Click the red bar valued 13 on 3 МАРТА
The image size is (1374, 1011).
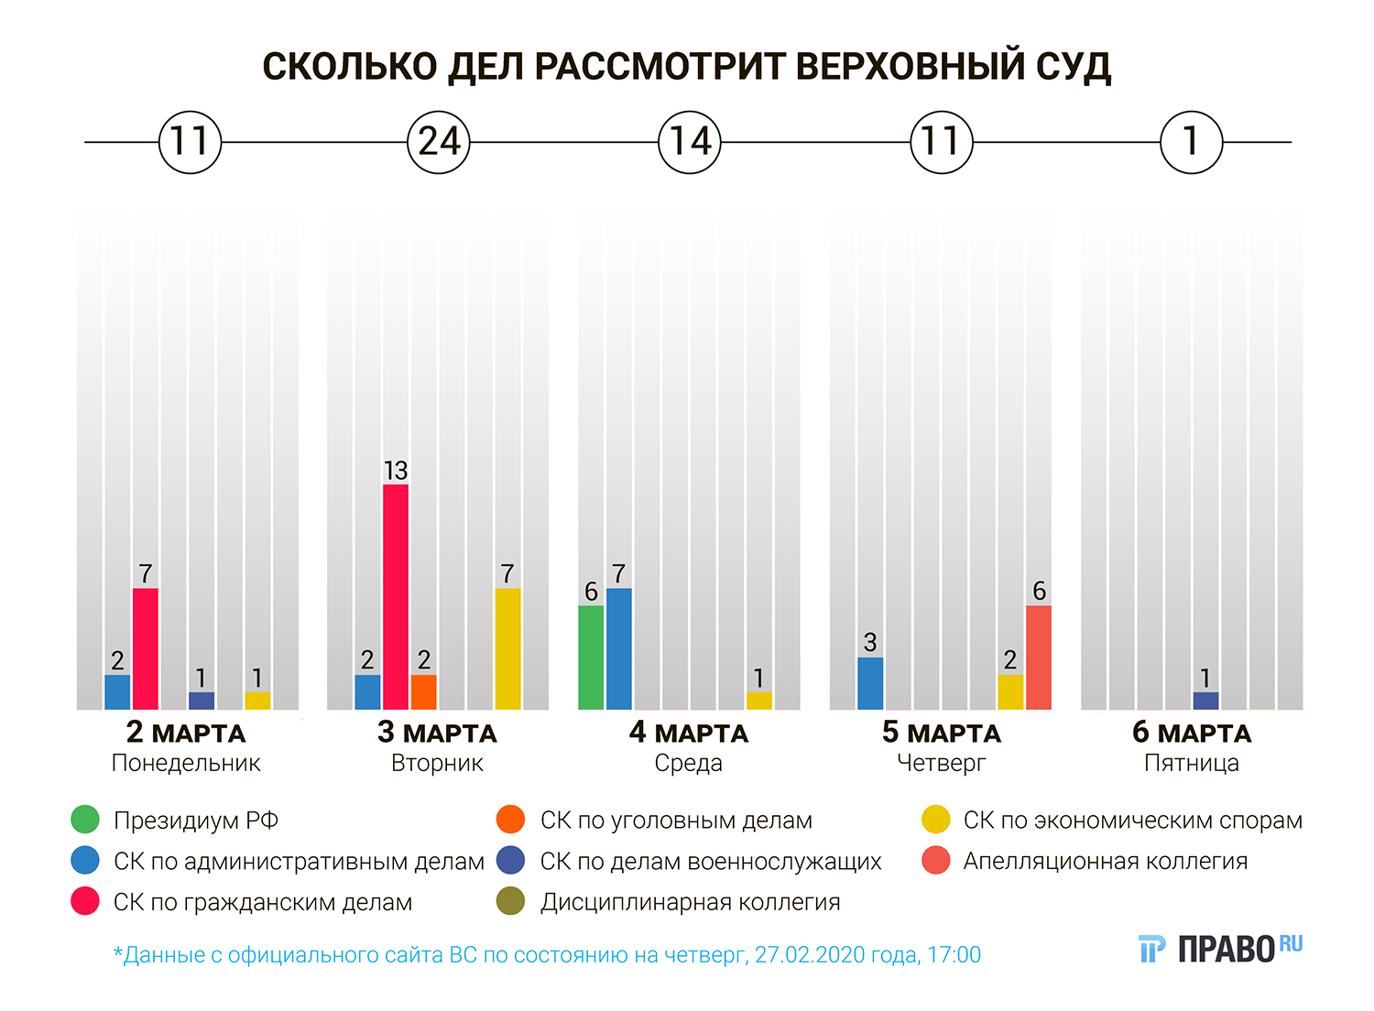tap(396, 596)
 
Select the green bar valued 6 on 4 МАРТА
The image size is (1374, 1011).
tap(591, 657)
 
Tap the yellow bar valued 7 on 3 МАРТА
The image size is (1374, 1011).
tap(507, 648)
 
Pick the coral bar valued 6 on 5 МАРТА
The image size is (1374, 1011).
tap(1039, 657)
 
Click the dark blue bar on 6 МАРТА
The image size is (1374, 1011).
tap(1205, 701)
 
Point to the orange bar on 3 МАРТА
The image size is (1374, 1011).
tap(423, 691)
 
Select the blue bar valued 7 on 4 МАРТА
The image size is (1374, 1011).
tap(619, 648)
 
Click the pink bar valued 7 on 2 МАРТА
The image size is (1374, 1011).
tap(146, 648)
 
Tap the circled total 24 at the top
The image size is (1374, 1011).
tap(439, 142)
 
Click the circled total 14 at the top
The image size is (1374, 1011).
tap(690, 142)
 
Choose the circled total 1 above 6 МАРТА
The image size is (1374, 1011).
tap(1191, 142)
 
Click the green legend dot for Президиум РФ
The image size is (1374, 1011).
tap(85, 820)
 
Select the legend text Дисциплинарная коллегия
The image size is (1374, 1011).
tap(690, 902)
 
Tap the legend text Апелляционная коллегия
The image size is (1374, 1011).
tap(1105, 861)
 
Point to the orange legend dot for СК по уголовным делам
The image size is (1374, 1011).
tap(510, 820)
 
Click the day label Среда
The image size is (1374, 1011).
tap(688, 763)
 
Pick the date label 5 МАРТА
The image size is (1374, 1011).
tap(941, 733)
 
